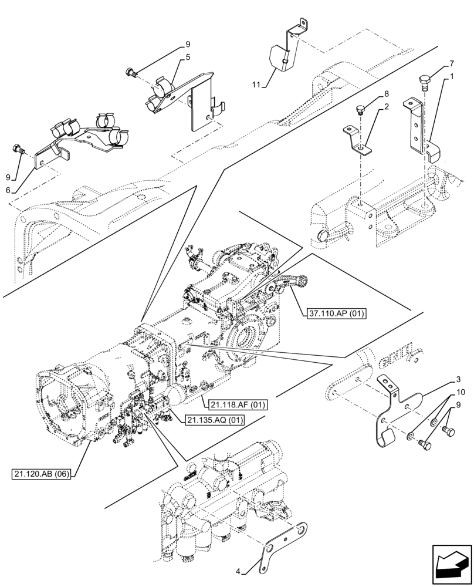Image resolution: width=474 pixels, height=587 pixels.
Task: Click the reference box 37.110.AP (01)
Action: point(336,313)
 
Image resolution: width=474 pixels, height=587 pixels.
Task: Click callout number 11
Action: point(256,86)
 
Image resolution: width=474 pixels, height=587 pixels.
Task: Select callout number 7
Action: point(451,63)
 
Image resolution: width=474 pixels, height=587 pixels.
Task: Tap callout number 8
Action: point(387,94)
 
